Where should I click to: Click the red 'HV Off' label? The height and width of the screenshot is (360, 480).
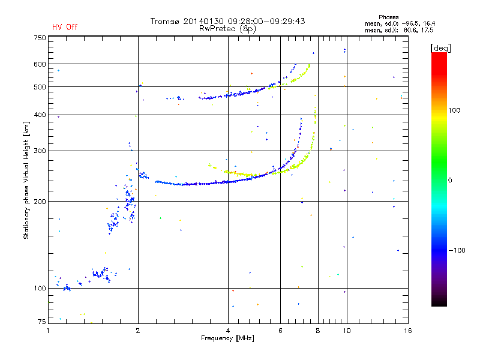tap(65, 27)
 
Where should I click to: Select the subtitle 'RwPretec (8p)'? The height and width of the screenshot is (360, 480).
tap(227, 29)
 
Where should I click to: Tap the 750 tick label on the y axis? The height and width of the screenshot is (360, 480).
tap(40, 38)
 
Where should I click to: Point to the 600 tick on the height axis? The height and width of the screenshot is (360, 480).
tap(40, 64)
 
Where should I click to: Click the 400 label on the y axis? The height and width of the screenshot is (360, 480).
tap(40, 115)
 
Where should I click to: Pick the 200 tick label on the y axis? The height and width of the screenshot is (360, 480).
tap(40, 202)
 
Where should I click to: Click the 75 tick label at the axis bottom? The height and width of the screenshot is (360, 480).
tap(42, 322)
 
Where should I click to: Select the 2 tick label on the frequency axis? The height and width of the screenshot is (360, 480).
tap(138, 331)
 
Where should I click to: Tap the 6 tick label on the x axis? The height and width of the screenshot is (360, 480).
tap(280, 331)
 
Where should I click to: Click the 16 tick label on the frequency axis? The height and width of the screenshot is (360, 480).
tap(408, 331)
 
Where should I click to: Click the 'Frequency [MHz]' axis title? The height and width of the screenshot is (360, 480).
tap(227, 338)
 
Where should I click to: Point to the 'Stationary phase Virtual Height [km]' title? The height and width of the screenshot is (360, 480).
tap(26, 180)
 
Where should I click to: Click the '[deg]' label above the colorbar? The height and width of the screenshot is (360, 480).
tap(440, 48)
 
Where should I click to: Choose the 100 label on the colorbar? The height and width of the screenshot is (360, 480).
tap(454, 110)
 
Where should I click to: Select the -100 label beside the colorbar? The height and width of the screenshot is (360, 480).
tap(457, 250)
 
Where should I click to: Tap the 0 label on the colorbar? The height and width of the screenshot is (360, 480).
tap(450, 181)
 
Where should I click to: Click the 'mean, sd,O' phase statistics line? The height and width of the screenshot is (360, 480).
tap(400, 24)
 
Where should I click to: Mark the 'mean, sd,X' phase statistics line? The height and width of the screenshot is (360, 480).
tap(399, 31)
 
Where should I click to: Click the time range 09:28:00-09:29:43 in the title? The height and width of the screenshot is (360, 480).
tap(266, 21)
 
